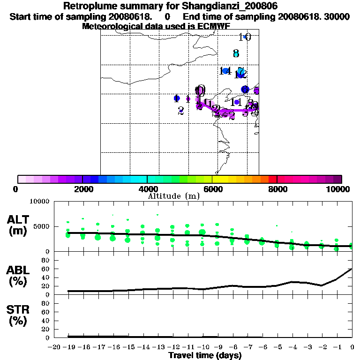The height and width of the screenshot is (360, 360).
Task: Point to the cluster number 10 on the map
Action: [245, 37]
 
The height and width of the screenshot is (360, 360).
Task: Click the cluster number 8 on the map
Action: [236, 53]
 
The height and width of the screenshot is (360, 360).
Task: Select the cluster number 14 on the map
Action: [225, 71]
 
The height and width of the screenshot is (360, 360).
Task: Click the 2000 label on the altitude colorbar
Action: [82, 189]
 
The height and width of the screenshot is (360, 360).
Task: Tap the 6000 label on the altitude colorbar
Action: [212, 189]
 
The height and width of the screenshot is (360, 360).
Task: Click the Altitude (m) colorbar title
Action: [174, 196]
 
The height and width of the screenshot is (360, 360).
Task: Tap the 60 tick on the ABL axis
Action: [46, 269]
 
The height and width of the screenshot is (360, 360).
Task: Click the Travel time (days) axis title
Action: [205, 355]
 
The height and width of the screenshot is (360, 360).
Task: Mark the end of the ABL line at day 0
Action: [352, 269]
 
